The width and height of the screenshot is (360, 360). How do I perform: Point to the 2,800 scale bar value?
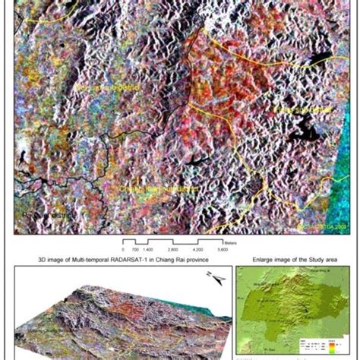coord(172,249)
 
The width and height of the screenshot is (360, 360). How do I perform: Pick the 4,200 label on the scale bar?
coord(198,249)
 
